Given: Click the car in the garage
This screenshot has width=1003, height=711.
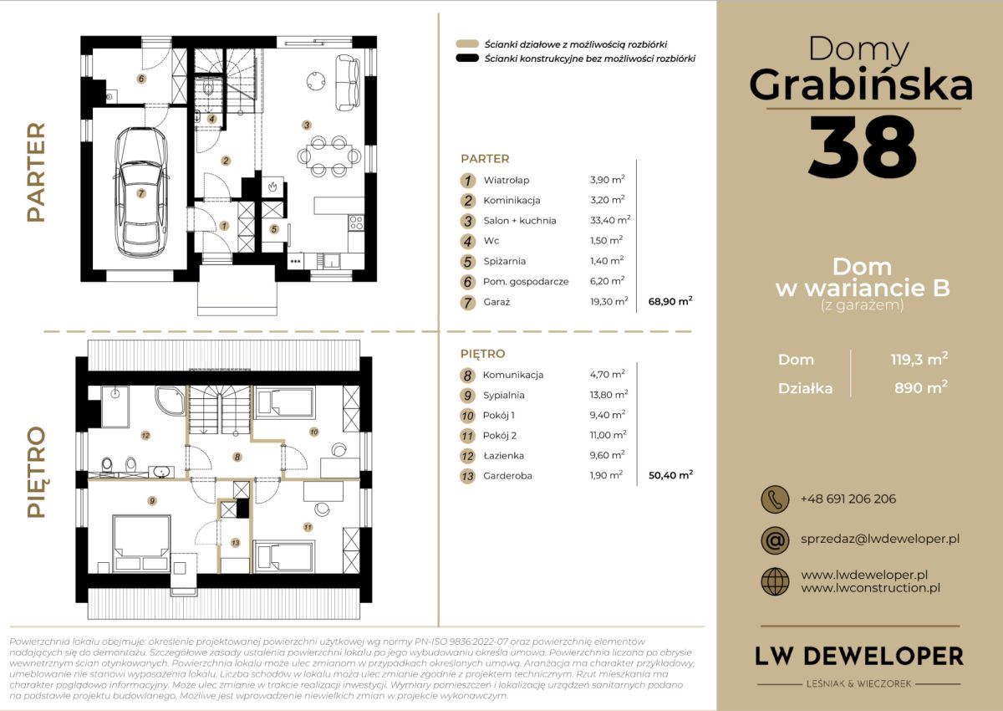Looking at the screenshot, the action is click(141, 192).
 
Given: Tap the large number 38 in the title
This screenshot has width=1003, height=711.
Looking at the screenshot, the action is click(863, 146).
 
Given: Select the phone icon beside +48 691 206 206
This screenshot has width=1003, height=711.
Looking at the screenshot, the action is click(775, 499).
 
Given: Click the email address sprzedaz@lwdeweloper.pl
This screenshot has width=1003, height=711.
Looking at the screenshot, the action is click(880, 539).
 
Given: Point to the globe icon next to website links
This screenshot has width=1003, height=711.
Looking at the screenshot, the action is click(775, 581).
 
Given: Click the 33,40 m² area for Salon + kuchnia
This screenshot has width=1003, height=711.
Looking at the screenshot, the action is click(610, 220).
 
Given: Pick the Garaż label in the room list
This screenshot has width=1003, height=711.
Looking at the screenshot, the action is click(496, 302).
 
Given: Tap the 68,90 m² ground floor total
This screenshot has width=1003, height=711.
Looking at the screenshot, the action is click(670, 301).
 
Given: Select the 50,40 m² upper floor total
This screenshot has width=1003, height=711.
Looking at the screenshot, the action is click(670, 475).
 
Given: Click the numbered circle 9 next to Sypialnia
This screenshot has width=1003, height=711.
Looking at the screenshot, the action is click(467, 396).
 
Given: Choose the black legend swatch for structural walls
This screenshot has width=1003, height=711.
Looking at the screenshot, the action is click(467, 59).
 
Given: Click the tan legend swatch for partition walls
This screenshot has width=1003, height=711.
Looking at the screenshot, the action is click(467, 43).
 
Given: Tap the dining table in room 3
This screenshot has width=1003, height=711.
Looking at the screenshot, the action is click(329, 156).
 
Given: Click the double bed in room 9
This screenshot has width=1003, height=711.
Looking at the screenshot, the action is click(141, 543).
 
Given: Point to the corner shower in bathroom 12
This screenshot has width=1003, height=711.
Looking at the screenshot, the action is click(170, 400).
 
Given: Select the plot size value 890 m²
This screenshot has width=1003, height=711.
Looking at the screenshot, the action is click(920, 387).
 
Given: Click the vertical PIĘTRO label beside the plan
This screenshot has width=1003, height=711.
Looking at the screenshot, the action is click(36, 472).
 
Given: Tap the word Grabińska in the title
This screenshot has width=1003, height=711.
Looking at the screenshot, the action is click(861, 85).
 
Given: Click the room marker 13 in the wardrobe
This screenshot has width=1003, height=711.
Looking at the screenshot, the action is click(236, 543).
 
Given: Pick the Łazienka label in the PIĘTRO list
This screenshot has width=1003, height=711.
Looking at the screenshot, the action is click(503, 456).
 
